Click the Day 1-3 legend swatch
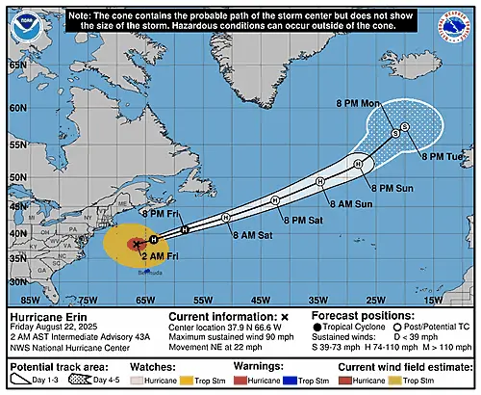pyautogui.click(x=21, y=382)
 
